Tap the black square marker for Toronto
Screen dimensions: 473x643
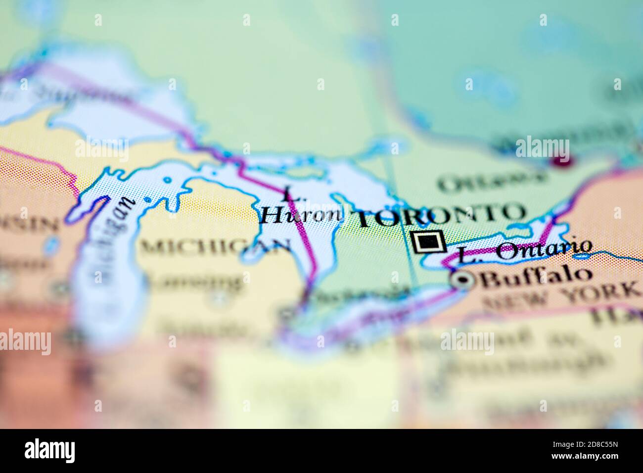coord(428,242)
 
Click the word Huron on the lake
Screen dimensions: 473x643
coord(301,216)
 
